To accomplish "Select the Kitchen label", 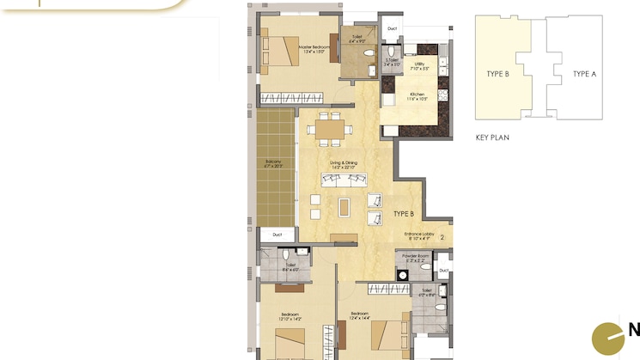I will pyautogui.click(x=418, y=96).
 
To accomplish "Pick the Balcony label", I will pyautogui.click(x=274, y=163).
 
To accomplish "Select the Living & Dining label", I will pyautogui.click(x=343, y=164).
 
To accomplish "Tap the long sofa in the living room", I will pyautogui.click(x=343, y=180).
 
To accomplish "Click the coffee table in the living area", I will pyautogui.click(x=344, y=207).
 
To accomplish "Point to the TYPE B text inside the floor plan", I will pyautogui.click(x=404, y=213).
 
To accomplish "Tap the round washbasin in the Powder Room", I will pyautogui.click(x=401, y=275).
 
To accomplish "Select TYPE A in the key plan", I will pyautogui.click(x=584, y=74).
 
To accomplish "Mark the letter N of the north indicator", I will pyautogui.click(x=633, y=330).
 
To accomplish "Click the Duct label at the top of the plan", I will pyautogui.click(x=392, y=28).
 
